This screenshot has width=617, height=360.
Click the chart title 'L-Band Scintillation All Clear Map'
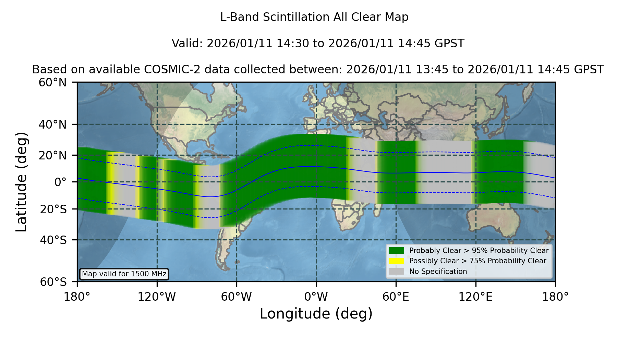pyautogui.click(x=314, y=17)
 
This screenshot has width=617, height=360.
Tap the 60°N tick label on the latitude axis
pyautogui.click(x=52, y=83)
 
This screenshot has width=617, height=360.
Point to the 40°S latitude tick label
pyautogui.click(x=53, y=240)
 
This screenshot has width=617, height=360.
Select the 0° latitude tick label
pyautogui.click(x=60, y=182)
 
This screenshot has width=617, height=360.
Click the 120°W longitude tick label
pyautogui.click(x=157, y=297)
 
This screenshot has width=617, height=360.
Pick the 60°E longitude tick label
pyautogui.click(x=396, y=297)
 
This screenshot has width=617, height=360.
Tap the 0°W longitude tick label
pyautogui.click(x=316, y=297)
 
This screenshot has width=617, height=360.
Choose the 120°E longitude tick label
pyautogui.click(x=475, y=297)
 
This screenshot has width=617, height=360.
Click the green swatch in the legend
pyautogui.click(x=397, y=251)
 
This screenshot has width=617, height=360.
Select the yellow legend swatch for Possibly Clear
pyautogui.click(x=397, y=261)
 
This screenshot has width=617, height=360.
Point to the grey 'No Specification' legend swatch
pyautogui.click(x=397, y=272)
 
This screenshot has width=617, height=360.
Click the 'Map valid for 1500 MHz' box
pyautogui.click(x=124, y=274)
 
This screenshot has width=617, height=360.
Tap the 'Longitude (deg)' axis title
pyautogui.click(x=316, y=314)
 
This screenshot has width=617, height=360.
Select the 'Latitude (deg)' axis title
pyautogui.click(x=21, y=182)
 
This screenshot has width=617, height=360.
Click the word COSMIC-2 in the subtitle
pyautogui.click(x=167, y=70)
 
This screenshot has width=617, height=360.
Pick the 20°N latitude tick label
pyautogui.click(x=52, y=155)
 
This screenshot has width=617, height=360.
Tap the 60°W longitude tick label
pyautogui.click(x=237, y=297)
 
